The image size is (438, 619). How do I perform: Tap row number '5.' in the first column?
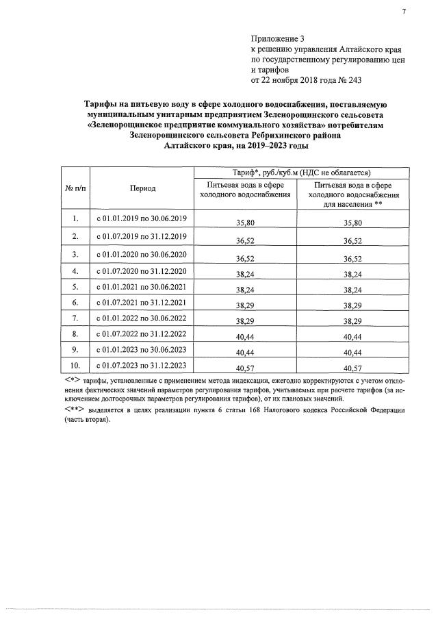coord(75,286)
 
